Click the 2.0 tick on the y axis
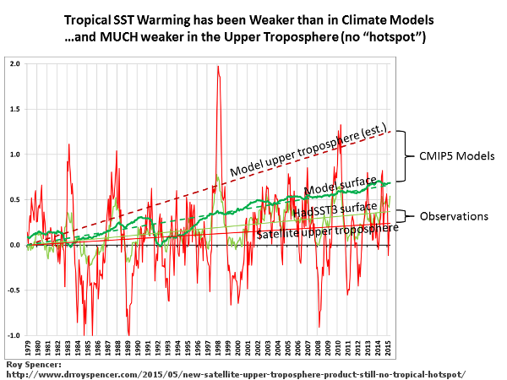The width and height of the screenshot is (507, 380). (15, 64)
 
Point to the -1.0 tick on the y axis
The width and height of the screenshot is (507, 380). (14, 335)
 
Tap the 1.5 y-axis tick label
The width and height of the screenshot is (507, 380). (15, 109)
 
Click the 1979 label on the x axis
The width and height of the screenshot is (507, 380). (27, 347)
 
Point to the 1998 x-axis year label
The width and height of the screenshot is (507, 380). (218, 347)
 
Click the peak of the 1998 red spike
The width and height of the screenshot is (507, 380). (218, 66)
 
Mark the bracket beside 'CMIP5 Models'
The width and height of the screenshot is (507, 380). (402, 155)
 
